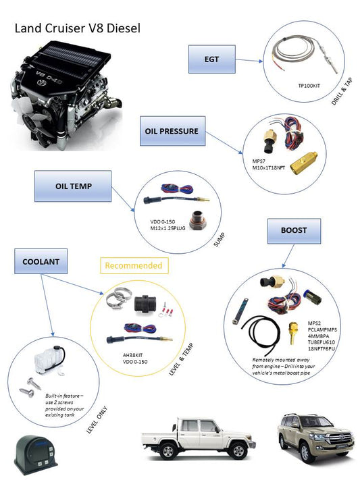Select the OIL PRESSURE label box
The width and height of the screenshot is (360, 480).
[x=172, y=132]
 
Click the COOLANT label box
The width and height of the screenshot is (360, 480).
[x=41, y=261]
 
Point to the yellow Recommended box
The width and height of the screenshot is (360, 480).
[x=133, y=265]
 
